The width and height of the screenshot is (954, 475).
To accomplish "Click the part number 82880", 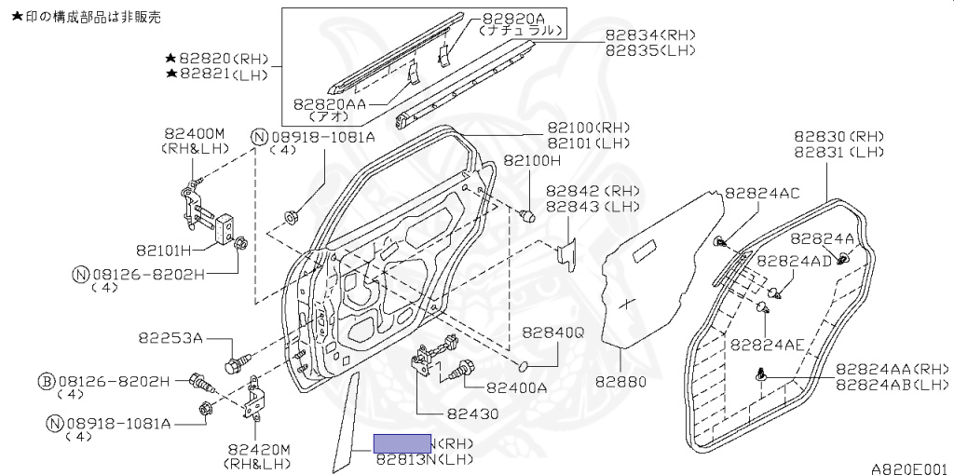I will coord(620,382).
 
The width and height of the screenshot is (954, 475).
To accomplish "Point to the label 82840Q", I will coord(552,332).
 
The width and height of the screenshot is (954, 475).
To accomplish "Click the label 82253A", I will coord(170,337).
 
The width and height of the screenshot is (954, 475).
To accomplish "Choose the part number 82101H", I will coord(163,250).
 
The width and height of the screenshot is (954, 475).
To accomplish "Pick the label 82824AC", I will coord(762,194).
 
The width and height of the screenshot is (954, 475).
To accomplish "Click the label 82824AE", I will coord(767,344).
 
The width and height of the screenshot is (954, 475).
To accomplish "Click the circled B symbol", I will coord(45,381).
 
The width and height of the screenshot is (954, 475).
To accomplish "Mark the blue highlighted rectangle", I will coord(402,443).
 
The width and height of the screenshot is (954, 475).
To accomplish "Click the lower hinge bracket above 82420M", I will coord(252,407).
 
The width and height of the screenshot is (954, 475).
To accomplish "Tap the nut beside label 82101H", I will coord(240,244).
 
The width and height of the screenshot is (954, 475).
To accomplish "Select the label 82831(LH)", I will coord(838,152).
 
